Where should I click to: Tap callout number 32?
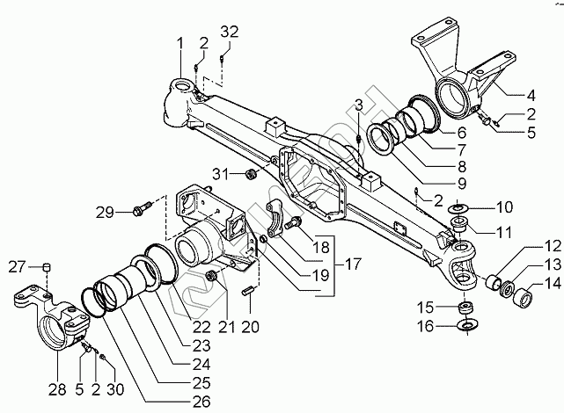pos(229,33)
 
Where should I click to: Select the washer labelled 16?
pos(465,326)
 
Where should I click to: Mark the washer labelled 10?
pos(458,209)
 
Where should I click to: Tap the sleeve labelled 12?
pos(498,282)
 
